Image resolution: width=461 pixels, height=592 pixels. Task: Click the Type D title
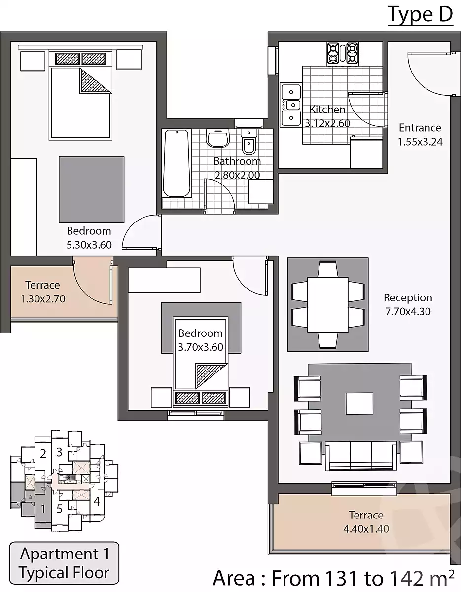coord(420,15)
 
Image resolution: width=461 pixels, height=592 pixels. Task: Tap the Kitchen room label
coord(327,110)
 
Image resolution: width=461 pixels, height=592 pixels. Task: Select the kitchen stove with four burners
coord(343,53)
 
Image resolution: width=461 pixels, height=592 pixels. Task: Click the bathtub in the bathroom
coord(176,163)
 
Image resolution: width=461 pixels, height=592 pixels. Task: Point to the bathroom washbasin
coord(217,138)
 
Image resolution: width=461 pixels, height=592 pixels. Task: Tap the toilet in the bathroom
coord(248,142)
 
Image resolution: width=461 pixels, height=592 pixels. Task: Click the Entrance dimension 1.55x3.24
coord(420,142)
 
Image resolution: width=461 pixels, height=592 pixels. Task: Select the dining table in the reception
coord(328,304)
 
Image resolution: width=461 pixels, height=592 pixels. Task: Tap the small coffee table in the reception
coord(359,404)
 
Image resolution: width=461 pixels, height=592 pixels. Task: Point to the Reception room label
coord(408,297)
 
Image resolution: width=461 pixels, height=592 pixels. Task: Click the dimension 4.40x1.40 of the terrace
coord(366,529)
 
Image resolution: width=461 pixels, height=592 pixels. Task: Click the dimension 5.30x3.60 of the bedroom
coord(89,245)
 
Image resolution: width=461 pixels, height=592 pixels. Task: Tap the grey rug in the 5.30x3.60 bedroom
coord(92,189)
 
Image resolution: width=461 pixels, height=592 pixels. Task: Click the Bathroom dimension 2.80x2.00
coord(237,175)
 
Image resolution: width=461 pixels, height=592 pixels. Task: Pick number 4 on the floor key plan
coord(97,501)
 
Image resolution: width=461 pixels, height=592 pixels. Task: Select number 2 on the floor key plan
coord(43,454)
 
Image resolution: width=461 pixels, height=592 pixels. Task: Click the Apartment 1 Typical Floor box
coord(64,563)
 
